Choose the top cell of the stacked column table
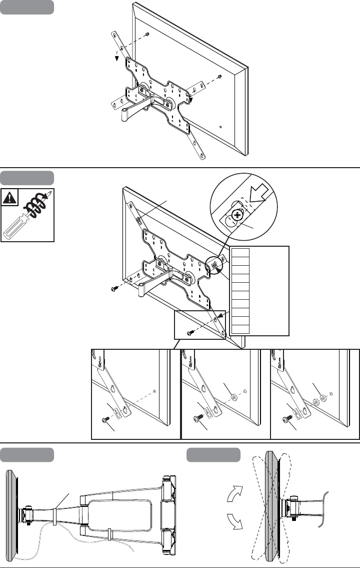(x=240, y=252)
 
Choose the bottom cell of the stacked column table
(x=240, y=329)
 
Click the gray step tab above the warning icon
(x=27, y=178)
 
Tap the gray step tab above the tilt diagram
(x=213, y=455)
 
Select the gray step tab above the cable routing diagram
(x=27, y=455)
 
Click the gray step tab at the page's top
(x=27, y=7)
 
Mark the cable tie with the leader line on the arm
(x=54, y=516)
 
